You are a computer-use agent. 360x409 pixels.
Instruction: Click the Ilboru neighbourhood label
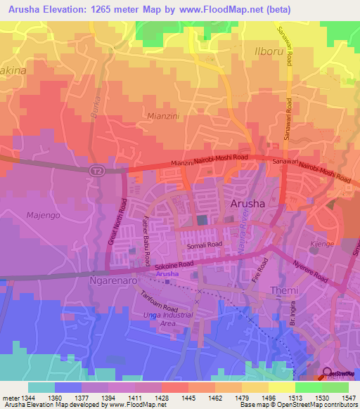coord(271,52)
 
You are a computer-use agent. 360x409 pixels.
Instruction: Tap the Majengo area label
coord(41,214)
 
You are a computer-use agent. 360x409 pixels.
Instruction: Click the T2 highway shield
coord(96,170)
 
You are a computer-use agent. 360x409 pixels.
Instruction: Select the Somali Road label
coord(204,246)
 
